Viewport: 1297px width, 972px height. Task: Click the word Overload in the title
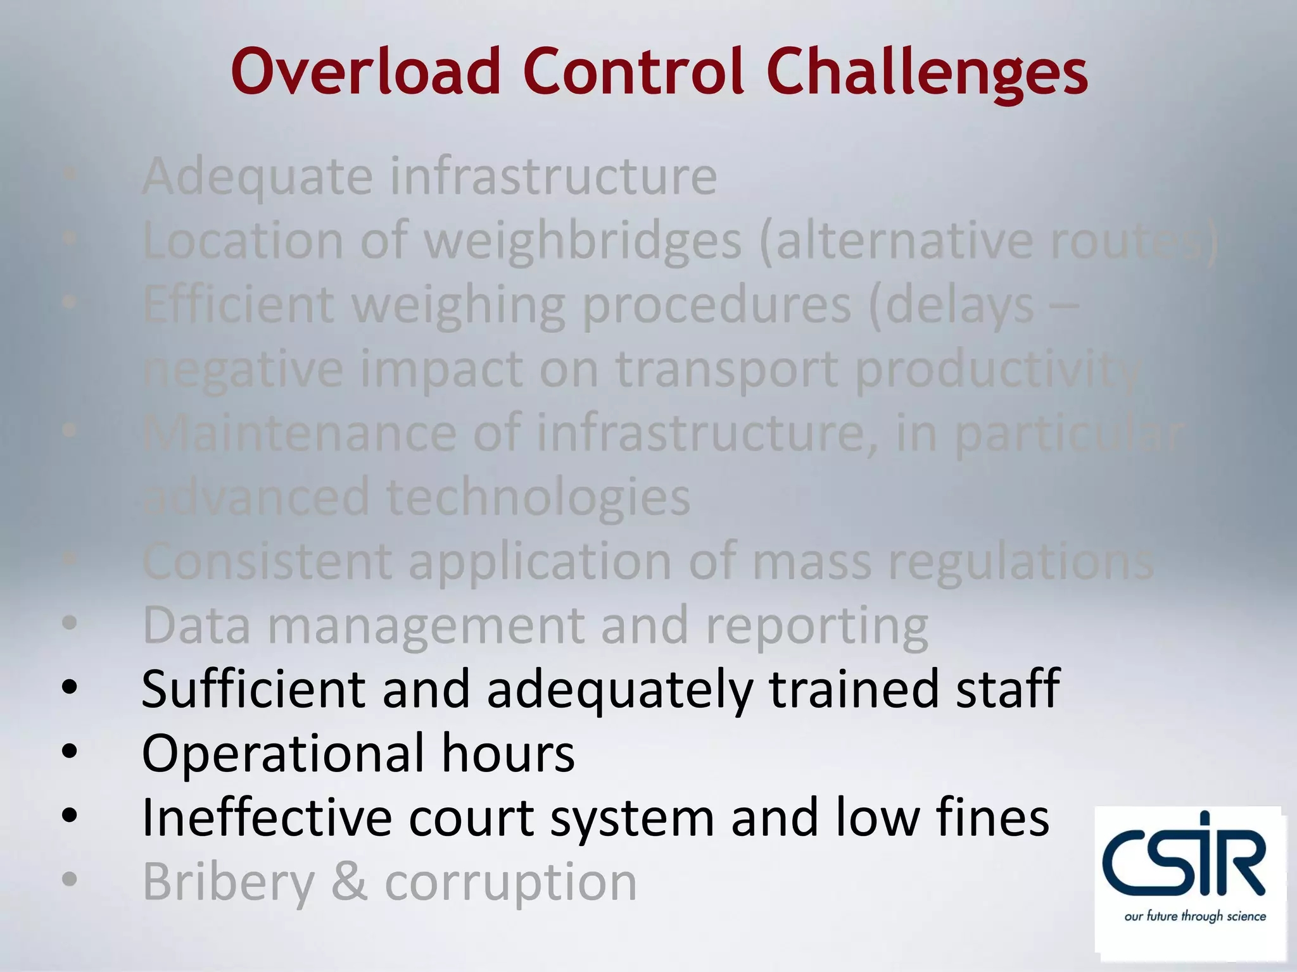(x=367, y=72)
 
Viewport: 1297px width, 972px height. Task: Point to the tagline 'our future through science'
(x=1195, y=916)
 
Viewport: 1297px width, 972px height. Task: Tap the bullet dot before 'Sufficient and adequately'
(x=70, y=687)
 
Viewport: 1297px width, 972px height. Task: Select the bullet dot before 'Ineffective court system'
(x=70, y=816)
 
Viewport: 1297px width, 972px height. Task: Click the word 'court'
(x=471, y=818)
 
